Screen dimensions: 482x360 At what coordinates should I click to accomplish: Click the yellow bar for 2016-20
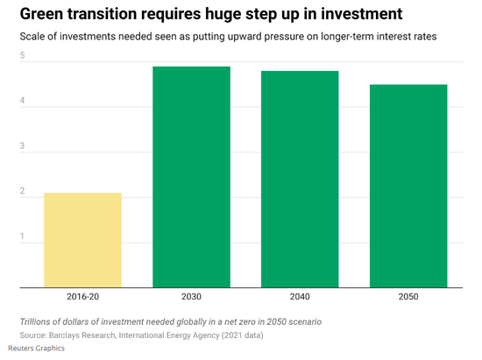(82, 240)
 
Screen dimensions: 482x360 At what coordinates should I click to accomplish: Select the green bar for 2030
(192, 177)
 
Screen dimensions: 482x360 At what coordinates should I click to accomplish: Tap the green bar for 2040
(300, 180)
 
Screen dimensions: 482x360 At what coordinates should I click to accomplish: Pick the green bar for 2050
(408, 187)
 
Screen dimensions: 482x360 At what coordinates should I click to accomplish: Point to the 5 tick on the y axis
(22, 55)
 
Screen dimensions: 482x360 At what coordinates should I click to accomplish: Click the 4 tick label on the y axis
(22, 101)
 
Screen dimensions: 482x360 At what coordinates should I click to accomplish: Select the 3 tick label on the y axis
(22, 145)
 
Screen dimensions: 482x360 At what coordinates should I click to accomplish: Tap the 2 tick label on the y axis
(22, 191)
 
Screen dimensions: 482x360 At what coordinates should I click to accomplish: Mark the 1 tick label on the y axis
(22, 236)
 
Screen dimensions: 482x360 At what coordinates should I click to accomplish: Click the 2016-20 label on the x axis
(83, 296)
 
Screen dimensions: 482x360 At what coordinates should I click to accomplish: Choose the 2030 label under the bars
(192, 296)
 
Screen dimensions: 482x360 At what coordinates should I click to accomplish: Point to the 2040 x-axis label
(300, 296)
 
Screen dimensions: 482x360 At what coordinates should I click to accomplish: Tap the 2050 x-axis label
(408, 296)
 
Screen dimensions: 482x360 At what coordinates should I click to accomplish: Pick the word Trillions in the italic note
(35, 321)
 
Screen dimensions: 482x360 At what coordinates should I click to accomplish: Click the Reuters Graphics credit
(36, 349)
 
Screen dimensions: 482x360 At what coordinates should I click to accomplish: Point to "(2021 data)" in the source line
(243, 335)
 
